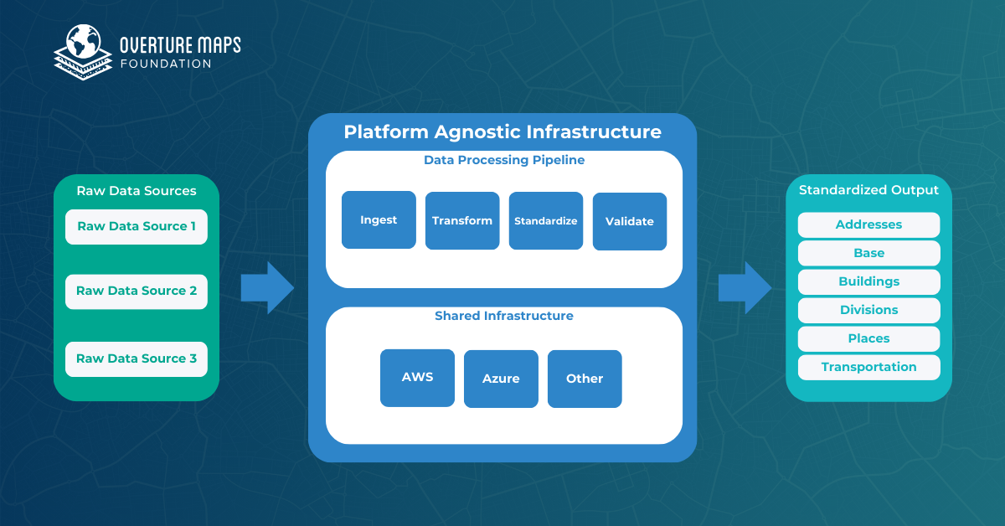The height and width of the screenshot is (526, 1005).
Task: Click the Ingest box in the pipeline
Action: [x=379, y=220]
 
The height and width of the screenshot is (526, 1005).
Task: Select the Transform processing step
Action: [x=462, y=221]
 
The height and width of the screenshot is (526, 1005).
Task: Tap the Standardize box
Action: [x=546, y=221]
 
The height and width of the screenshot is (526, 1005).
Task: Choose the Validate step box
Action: [x=630, y=222]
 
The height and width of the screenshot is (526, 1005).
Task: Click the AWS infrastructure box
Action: [x=417, y=378]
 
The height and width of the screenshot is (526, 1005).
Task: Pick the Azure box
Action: [x=501, y=379]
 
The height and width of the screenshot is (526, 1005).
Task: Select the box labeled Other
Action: [x=585, y=379]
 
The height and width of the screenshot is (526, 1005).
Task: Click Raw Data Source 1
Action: [x=137, y=226]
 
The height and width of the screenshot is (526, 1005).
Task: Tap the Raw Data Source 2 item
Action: [x=137, y=291]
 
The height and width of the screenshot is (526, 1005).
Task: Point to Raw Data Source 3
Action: [x=137, y=358]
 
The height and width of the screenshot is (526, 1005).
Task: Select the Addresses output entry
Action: [x=868, y=224]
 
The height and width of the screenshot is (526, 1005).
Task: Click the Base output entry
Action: [x=868, y=253]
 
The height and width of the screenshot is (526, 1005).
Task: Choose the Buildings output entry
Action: [x=868, y=281]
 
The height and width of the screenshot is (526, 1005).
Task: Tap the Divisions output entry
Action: [x=868, y=310]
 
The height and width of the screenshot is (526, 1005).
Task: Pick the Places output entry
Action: [x=868, y=338]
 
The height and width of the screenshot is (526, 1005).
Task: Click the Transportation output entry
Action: [x=868, y=367]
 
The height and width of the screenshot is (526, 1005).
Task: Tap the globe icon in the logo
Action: [x=83, y=42]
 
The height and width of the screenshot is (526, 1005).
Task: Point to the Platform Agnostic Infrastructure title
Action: [x=502, y=132]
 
